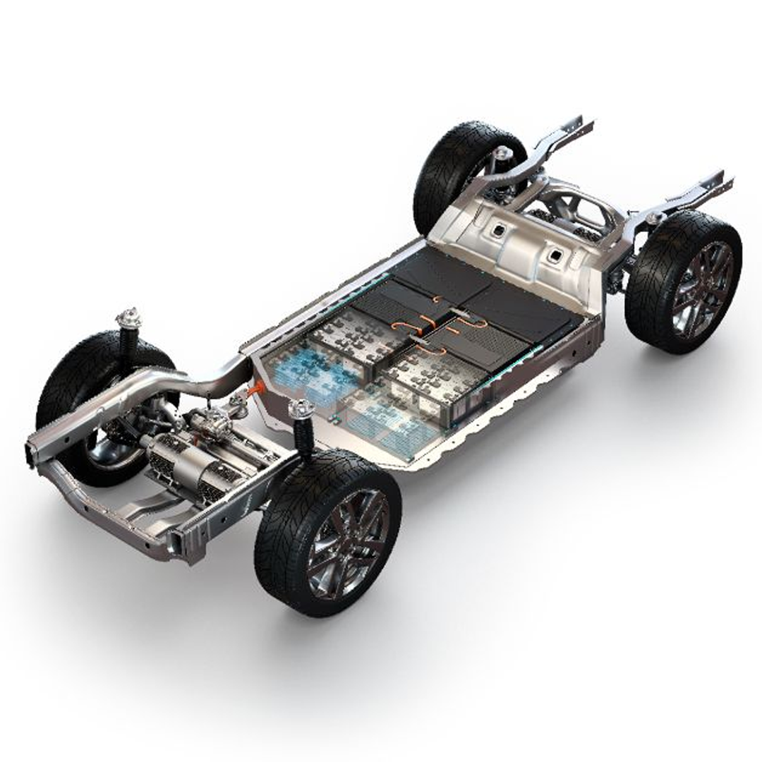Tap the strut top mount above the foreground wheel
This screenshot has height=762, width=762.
pos(301,409)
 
